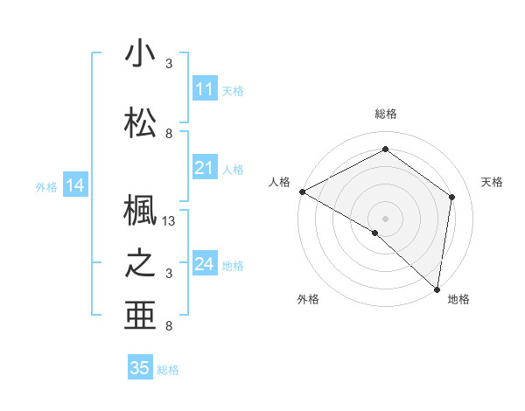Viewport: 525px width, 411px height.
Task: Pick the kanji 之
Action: [x=140, y=263]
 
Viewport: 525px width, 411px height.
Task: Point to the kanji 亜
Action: [x=140, y=315]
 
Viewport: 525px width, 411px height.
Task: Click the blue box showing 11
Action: [x=205, y=89]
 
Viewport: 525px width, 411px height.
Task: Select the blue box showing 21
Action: [x=205, y=168]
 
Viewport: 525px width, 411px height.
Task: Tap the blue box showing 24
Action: [x=205, y=264]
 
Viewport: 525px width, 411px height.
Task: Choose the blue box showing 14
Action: [x=74, y=185]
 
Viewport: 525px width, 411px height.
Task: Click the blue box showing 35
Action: [x=140, y=368]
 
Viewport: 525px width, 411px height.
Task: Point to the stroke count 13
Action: [x=170, y=221]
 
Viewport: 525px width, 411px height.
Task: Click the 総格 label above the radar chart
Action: [x=386, y=114]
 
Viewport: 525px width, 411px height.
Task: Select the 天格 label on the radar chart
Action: [x=492, y=182]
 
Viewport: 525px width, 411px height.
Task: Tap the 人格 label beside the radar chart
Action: [x=279, y=182]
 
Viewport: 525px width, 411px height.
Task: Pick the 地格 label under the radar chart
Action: [x=458, y=299]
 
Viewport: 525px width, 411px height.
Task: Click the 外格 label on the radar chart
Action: [x=308, y=299]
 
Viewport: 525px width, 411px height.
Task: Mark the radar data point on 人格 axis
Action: [x=302, y=192]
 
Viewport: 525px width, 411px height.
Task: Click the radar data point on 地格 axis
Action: [x=437, y=289]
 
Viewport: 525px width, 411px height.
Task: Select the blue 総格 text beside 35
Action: [x=168, y=370]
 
